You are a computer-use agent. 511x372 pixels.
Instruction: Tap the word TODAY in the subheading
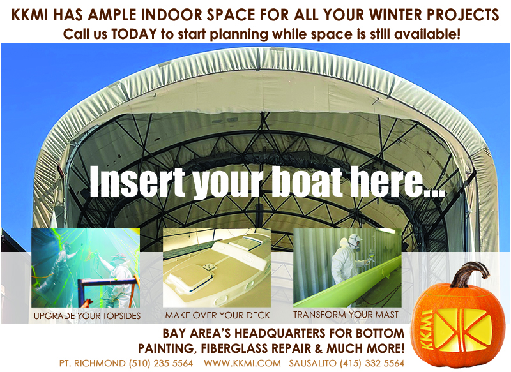click(134, 34)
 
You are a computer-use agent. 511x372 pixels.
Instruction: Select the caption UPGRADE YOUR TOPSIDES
click(87, 316)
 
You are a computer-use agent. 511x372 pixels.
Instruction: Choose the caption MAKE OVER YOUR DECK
click(217, 315)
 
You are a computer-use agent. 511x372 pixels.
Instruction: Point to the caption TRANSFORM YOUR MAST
click(346, 315)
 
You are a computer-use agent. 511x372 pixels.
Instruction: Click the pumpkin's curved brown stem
click(469, 274)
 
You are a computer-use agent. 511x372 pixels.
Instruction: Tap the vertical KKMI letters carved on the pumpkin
click(427, 329)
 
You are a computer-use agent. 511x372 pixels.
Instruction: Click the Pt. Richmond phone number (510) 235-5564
click(161, 363)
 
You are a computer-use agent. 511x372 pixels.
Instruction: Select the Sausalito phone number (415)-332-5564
click(372, 363)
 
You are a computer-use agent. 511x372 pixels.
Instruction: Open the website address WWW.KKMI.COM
click(242, 363)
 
